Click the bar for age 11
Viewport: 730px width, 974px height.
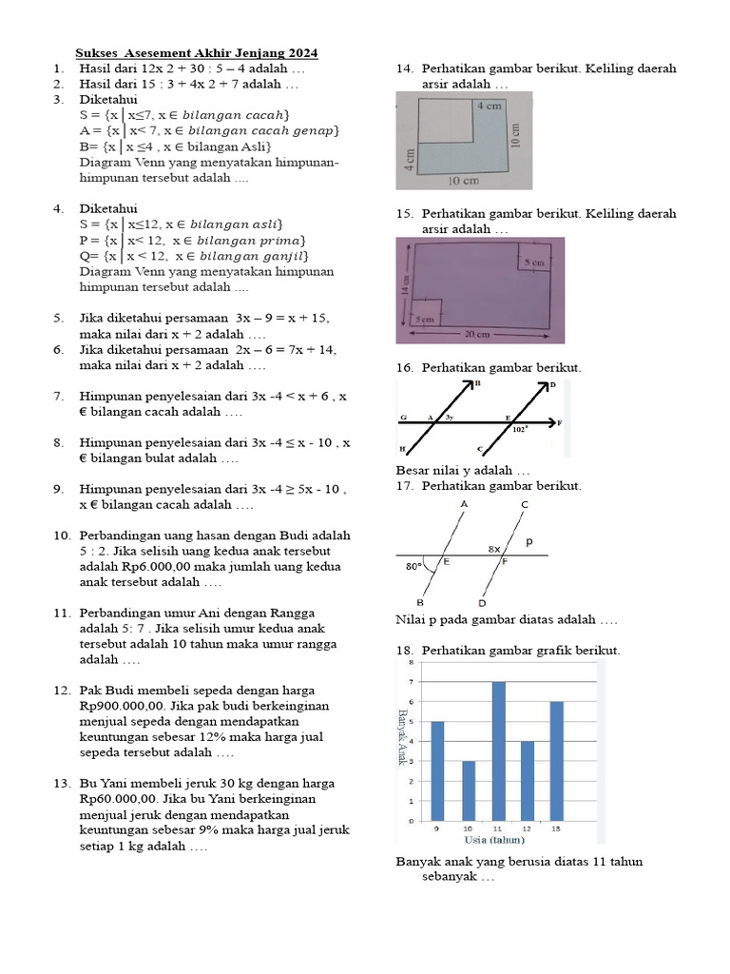click(x=498, y=751)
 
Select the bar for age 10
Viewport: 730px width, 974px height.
click(x=468, y=790)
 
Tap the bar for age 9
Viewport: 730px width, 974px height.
click(x=437, y=770)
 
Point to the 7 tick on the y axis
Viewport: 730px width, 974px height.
click(x=411, y=682)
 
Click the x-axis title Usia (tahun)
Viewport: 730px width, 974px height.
click(x=494, y=840)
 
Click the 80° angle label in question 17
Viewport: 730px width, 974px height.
click(x=412, y=567)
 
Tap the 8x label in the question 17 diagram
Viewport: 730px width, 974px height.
click(x=495, y=549)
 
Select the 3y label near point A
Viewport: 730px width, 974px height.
click(x=450, y=418)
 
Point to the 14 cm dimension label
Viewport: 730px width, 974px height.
click(x=406, y=284)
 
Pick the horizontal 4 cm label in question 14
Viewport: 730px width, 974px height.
click(x=490, y=106)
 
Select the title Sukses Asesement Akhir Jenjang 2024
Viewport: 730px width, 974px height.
click(x=197, y=53)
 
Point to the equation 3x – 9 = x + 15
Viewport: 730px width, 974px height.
click(x=282, y=318)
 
